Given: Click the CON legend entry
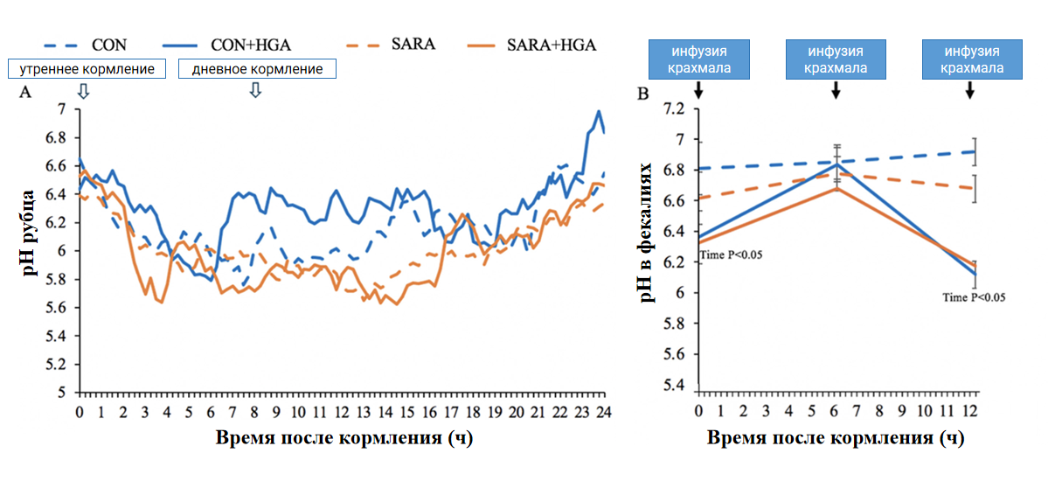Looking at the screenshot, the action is coord(86,45).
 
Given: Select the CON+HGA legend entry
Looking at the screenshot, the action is coord(226,45).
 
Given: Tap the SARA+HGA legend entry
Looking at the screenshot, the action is coord(531,45).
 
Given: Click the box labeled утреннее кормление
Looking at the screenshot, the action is coord(87,69).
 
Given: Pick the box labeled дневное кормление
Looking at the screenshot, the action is coord(257,69).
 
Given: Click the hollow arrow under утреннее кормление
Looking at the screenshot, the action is coord(83,91).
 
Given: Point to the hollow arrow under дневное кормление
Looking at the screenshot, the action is coord(255,90).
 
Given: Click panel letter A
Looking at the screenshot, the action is coord(25,92).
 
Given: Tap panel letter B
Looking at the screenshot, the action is coord(643,94).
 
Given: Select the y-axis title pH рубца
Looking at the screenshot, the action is coord(29,233).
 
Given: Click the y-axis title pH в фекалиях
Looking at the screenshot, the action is coord(647,233).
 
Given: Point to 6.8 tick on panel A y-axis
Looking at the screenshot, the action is coord(56,137).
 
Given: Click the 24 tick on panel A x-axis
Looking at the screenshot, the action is coord(603,412).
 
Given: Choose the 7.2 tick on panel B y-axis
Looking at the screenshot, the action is coord(674,109).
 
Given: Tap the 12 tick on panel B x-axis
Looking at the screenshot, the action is coord(970,411).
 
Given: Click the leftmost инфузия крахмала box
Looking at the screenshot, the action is coord(699,59).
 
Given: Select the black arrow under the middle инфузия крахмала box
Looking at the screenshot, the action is coord(836,90).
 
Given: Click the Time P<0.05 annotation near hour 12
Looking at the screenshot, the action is coord(974,297).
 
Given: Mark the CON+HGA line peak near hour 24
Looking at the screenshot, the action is coord(599,111).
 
